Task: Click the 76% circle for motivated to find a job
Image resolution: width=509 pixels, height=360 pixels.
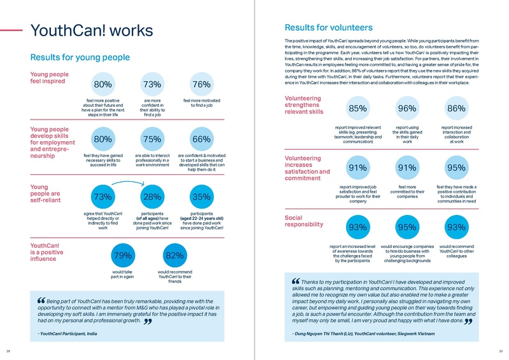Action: (x=201, y=85)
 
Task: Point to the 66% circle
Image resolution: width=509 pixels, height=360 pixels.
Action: (x=201, y=140)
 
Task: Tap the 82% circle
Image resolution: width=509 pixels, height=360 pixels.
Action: (x=174, y=256)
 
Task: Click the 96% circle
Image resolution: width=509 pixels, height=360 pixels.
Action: (x=407, y=109)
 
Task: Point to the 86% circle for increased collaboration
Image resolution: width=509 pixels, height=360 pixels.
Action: (x=456, y=109)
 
